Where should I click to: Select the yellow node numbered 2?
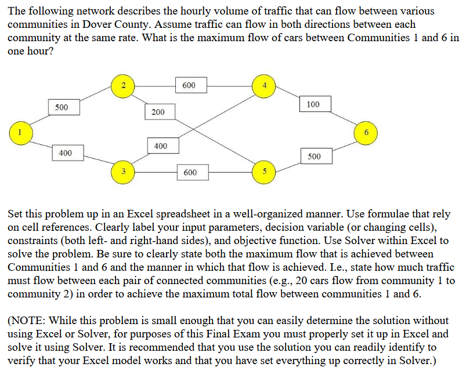(122, 85)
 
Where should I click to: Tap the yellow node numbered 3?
(122, 172)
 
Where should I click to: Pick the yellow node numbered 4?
(264, 85)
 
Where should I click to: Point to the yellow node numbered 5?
(264, 172)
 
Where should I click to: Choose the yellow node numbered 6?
(366, 132)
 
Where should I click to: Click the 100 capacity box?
(313, 104)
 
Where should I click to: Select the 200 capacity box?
(157, 111)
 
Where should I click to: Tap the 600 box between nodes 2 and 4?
(189, 85)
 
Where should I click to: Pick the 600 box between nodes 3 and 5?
(190, 172)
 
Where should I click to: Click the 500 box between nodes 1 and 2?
(62, 107)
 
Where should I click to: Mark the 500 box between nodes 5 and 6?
(313, 156)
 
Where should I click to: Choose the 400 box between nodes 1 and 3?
(65, 153)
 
